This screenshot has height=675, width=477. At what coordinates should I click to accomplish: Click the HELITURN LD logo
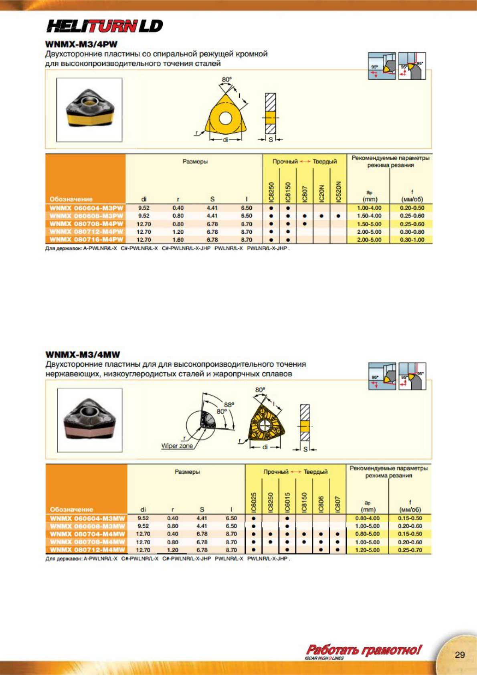(x=105, y=26)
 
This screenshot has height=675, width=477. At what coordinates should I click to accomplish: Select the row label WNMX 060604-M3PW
(x=86, y=208)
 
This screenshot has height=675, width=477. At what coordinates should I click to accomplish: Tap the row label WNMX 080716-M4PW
(x=86, y=240)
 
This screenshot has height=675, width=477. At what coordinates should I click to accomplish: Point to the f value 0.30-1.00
(x=412, y=240)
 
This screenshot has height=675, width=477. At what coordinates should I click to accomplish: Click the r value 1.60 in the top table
(x=178, y=240)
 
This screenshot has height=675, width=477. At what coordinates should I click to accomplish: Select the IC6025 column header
(x=254, y=502)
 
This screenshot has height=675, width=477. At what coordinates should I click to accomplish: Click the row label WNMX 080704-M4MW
(x=87, y=534)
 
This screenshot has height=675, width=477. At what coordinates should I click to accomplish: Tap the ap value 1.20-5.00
(x=367, y=550)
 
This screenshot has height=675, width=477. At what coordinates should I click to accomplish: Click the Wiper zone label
(x=177, y=446)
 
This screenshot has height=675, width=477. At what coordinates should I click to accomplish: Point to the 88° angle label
(x=228, y=405)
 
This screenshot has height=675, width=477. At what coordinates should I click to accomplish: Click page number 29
(x=460, y=655)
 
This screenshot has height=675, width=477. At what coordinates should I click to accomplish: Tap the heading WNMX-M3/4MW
(x=83, y=354)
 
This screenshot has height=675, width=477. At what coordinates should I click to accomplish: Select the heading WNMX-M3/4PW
(x=81, y=44)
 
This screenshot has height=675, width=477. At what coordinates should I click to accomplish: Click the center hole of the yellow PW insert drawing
(x=225, y=118)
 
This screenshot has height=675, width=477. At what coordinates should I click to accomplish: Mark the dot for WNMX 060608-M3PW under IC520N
(x=338, y=216)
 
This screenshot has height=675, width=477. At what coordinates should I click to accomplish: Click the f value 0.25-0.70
(x=410, y=550)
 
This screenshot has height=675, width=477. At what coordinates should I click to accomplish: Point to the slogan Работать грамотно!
(x=364, y=649)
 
